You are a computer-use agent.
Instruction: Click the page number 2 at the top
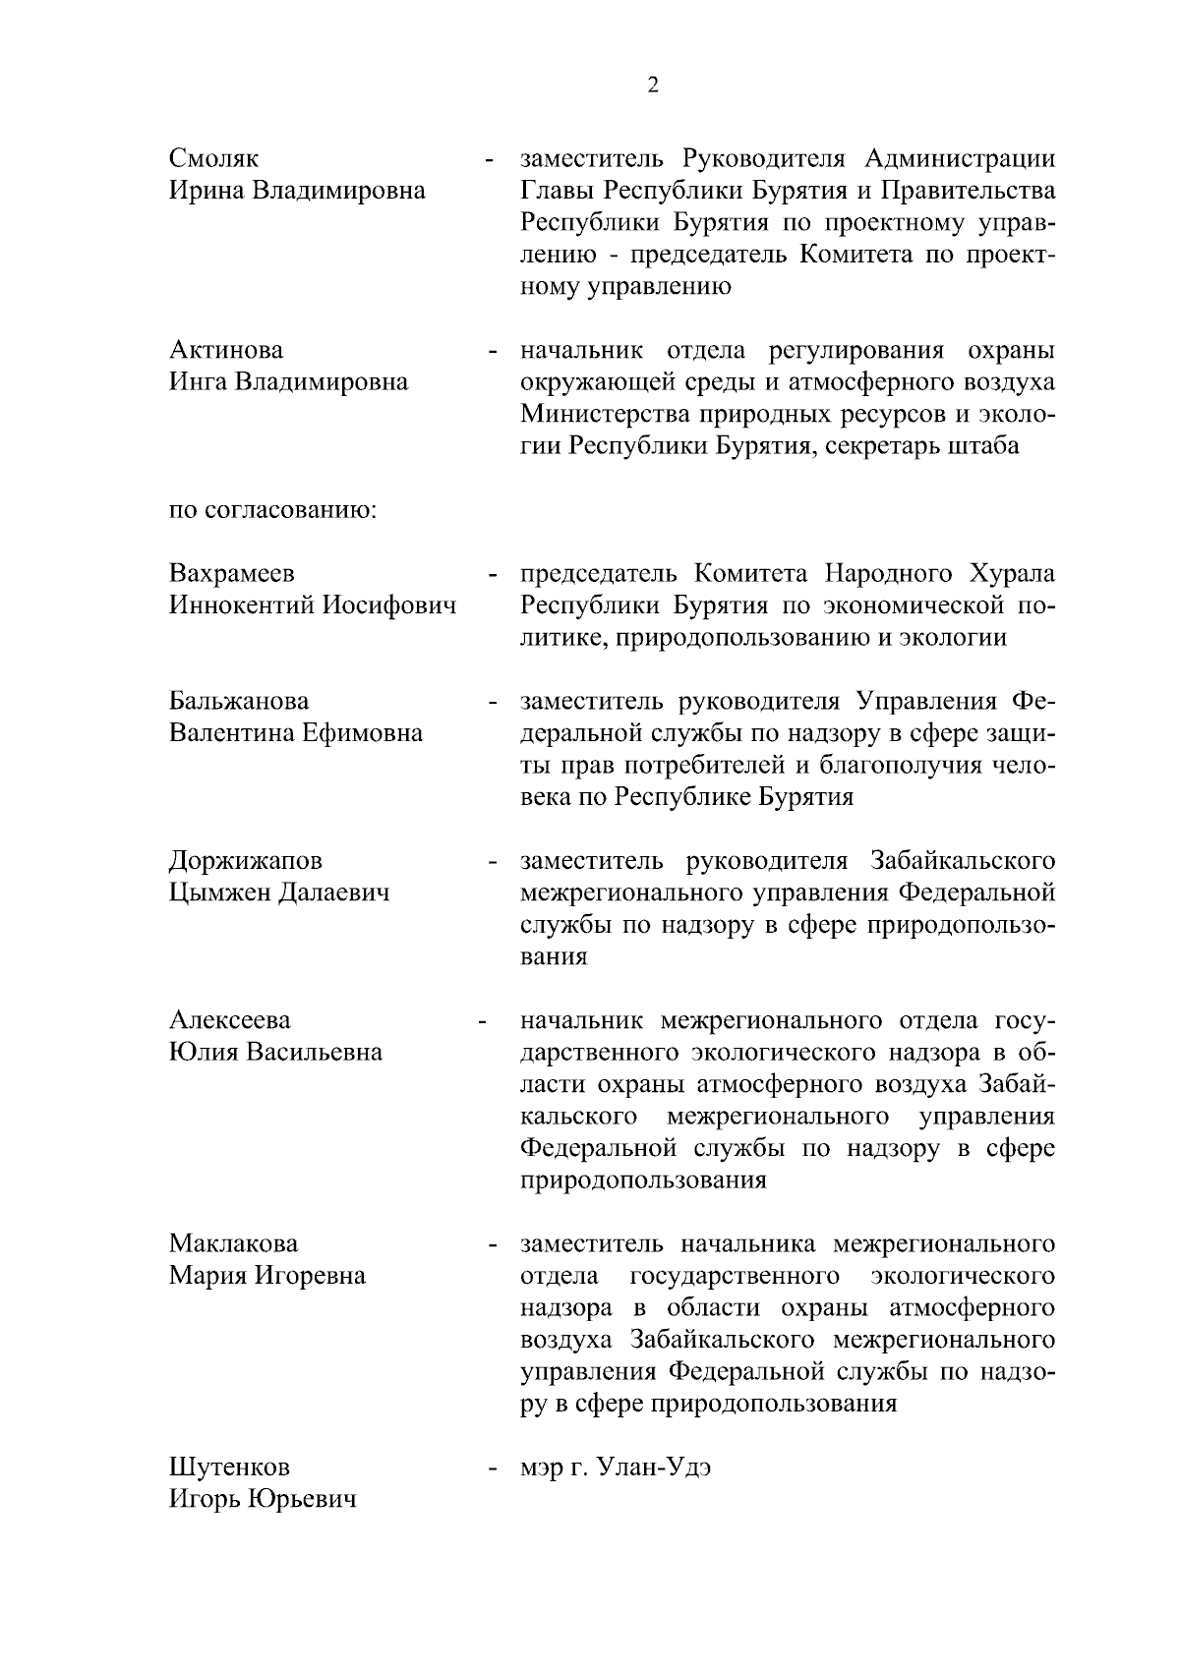tap(653, 86)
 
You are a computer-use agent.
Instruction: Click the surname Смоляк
tap(214, 159)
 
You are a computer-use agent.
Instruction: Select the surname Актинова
tap(226, 351)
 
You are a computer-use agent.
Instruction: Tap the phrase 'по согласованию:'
tap(274, 511)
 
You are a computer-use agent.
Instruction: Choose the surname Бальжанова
tap(239, 702)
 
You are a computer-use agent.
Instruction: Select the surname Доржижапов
tap(245, 862)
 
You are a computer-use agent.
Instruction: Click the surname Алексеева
tap(230, 1021)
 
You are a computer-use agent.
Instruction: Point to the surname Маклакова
tap(233, 1244)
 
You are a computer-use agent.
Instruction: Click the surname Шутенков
tap(230, 1468)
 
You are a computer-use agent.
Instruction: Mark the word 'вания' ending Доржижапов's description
tap(554, 957)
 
